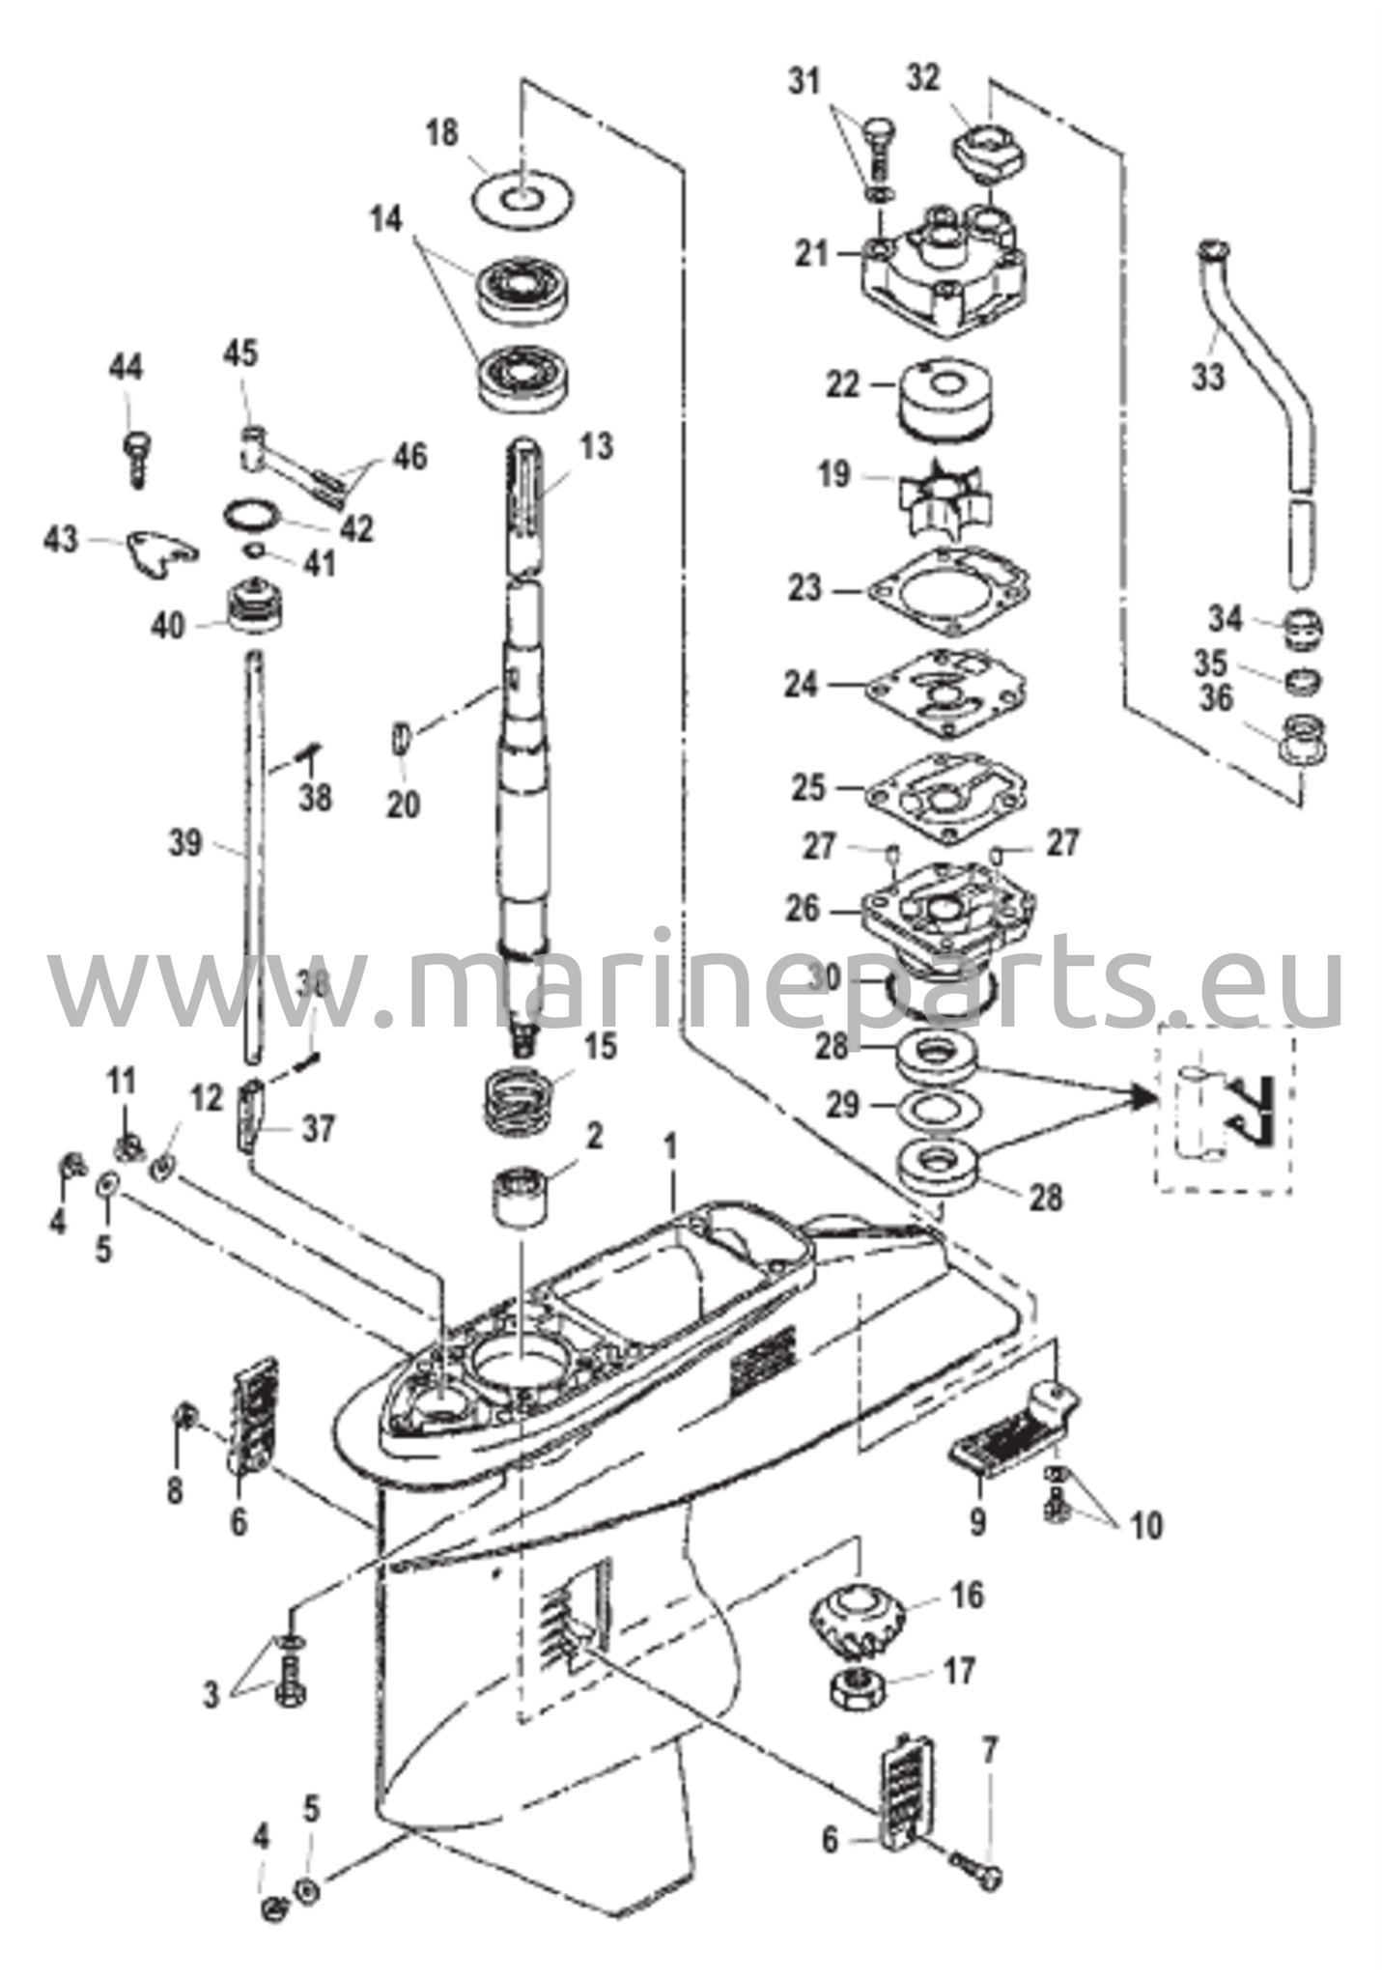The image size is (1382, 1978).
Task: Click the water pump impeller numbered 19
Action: click(x=921, y=478)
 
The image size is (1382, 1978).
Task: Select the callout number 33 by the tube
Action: click(x=1207, y=377)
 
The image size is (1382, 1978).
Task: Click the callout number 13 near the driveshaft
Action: click(x=598, y=447)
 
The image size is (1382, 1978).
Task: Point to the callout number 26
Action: click(x=804, y=908)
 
